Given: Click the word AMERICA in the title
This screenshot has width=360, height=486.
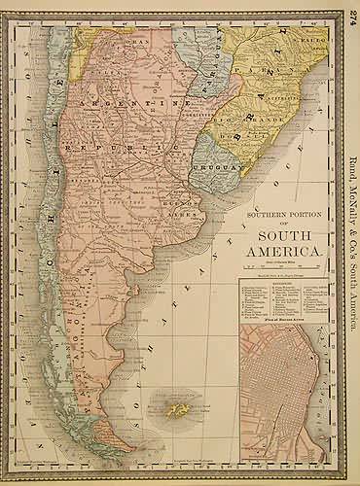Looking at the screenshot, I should [x=287, y=253].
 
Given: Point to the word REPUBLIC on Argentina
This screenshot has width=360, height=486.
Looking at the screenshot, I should [x=122, y=145].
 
